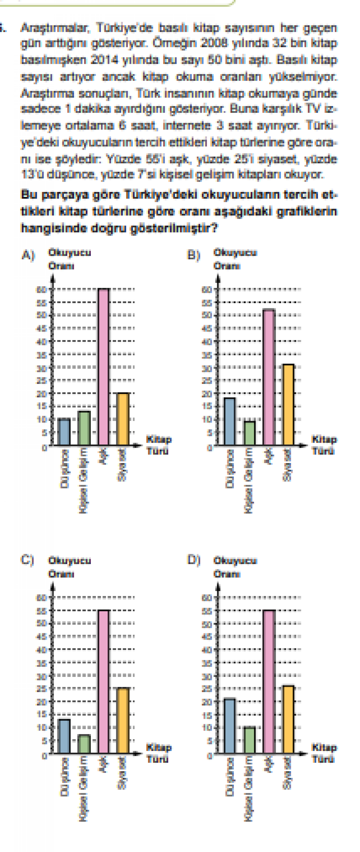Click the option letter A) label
28,255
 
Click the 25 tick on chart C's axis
41,689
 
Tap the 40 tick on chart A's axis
41,341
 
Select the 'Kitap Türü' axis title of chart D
324,753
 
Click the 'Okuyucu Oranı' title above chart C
69,567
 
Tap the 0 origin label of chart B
209,448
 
